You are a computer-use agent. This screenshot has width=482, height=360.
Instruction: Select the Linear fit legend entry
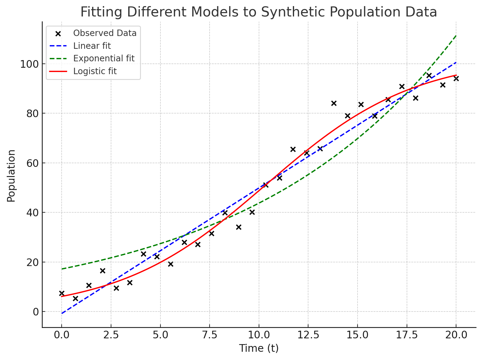click(92, 46)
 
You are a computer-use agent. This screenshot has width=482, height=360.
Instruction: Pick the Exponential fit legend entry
click(104, 58)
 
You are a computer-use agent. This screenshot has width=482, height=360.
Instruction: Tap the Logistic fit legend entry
click(95, 71)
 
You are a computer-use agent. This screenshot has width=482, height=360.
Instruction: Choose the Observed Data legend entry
click(105, 33)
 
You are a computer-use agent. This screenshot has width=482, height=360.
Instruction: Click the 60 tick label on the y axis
click(32, 163)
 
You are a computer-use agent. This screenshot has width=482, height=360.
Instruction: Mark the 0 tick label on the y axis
click(36, 312)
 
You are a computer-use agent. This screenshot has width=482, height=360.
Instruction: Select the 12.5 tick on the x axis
click(308, 335)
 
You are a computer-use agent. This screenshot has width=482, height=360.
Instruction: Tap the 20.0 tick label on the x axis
click(456, 335)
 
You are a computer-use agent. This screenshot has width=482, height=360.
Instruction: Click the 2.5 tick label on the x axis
click(111, 335)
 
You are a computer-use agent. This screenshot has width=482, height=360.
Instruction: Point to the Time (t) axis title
click(259, 348)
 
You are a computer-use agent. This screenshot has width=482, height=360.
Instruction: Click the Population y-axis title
click(11, 176)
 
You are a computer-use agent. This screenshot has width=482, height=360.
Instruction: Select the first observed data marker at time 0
click(62, 293)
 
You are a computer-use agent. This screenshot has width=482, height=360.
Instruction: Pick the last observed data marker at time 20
click(456, 78)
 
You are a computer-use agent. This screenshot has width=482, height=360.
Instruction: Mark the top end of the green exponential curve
click(456, 35)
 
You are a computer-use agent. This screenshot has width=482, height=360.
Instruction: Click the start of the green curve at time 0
click(62, 269)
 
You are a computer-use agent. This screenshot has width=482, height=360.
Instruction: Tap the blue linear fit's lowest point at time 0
click(62, 313)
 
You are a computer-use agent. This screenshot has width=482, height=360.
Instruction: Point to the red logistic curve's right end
click(456, 75)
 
